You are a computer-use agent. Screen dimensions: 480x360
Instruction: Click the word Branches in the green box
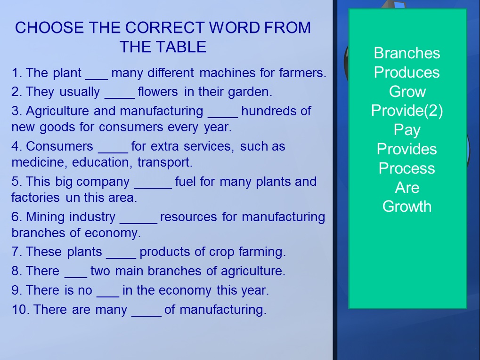(x=407, y=53)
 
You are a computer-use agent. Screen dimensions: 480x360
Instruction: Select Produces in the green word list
(x=407, y=72)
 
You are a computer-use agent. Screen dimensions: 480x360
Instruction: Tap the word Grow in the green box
(x=407, y=91)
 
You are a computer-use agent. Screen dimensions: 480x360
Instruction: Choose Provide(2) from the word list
(x=407, y=111)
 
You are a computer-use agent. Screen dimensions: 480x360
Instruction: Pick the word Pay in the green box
(x=407, y=130)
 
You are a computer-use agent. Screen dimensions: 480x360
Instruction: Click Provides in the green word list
(x=407, y=149)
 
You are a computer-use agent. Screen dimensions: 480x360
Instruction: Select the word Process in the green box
(x=407, y=168)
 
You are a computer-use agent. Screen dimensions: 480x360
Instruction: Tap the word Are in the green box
(x=407, y=187)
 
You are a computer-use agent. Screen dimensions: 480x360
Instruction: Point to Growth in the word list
(x=407, y=207)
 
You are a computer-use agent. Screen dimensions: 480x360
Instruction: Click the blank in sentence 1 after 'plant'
(x=97, y=79)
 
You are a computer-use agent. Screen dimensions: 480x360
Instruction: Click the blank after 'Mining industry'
(x=138, y=223)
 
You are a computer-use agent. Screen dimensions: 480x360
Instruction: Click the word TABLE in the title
(x=178, y=47)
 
